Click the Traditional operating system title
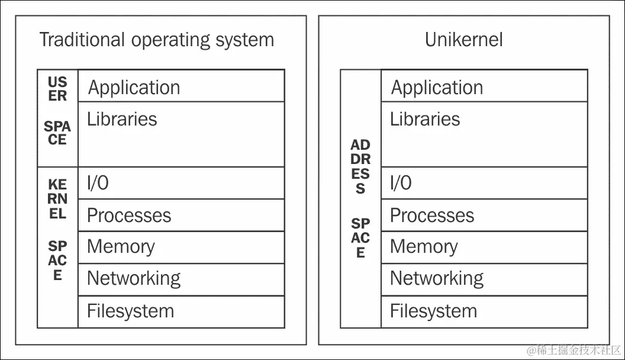pyautogui.click(x=156, y=40)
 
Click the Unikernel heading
pyautogui.click(x=463, y=40)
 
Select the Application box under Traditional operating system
pyautogui.click(x=181, y=86)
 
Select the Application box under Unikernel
pyautogui.click(x=484, y=86)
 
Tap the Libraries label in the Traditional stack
pyautogui.click(x=122, y=119)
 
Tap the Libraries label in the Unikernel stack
pyautogui.click(x=425, y=119)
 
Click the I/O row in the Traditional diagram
pyautogui.click(x=181, y=183)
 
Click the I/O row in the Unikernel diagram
pyautogui.click(x=484, y=183)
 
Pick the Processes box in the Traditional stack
pyautogui.click(x=181, y=216)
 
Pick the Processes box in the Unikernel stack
pyautogui.click(x=484, y=216)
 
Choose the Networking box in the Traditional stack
pyautogui.click(x=181, y=279)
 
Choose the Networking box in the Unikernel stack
pyautogui.click(x=484, y=279)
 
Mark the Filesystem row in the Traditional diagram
pyautogui.click(x=181, y=311)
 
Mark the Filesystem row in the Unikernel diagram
pyautogui.click(x=484, y=311)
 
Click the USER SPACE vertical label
pyautogui.click(x=57, y=111)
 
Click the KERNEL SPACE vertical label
pyautogui.click(x=57, y=230)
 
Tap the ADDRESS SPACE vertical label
pyautogui.click(x=360, y=198)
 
